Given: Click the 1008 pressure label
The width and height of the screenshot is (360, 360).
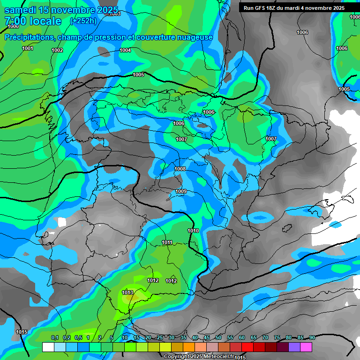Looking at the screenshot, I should click(180, 169).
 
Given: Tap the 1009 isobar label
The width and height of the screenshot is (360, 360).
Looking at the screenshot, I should click(181, 192).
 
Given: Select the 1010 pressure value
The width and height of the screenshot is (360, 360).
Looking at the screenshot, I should click(193, 231).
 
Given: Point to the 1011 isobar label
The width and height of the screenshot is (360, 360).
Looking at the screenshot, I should click(167, 242).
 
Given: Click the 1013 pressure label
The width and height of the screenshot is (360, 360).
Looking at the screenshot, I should click(127, 292).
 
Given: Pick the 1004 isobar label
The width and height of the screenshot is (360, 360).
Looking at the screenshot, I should click(125, 50).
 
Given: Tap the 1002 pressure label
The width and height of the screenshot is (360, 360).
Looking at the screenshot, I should click(57, 50).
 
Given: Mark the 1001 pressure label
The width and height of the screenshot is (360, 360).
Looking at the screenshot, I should click(28, 48).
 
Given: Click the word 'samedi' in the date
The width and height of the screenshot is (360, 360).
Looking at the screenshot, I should click(20, 10).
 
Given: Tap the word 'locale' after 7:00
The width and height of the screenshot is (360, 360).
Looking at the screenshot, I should click(45, 21).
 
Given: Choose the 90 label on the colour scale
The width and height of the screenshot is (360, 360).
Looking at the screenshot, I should click(312, 337).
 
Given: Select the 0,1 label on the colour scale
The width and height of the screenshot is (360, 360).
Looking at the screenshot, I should click(54, 337).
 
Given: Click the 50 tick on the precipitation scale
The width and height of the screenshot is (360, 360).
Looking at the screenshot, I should click(218, 337).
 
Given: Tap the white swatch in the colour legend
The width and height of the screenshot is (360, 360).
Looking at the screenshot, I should click(48, 347).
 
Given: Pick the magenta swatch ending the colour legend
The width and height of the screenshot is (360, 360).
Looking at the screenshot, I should click(306, 347).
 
